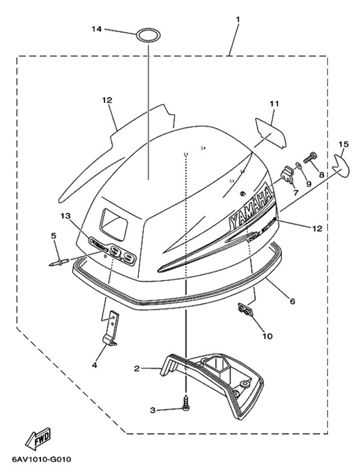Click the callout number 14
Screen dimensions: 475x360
click(97, 29)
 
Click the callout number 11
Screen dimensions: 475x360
click(274, 104)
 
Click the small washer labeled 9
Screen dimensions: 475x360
click(298, 166)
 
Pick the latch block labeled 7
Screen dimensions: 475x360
click(286, 176)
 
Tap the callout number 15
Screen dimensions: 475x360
click(343, 145)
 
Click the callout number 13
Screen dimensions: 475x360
click(65, 215)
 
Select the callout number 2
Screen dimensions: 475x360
click(137, 368)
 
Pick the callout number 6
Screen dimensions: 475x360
click(292, 300)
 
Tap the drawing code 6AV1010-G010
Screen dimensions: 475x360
click(41, 461)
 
